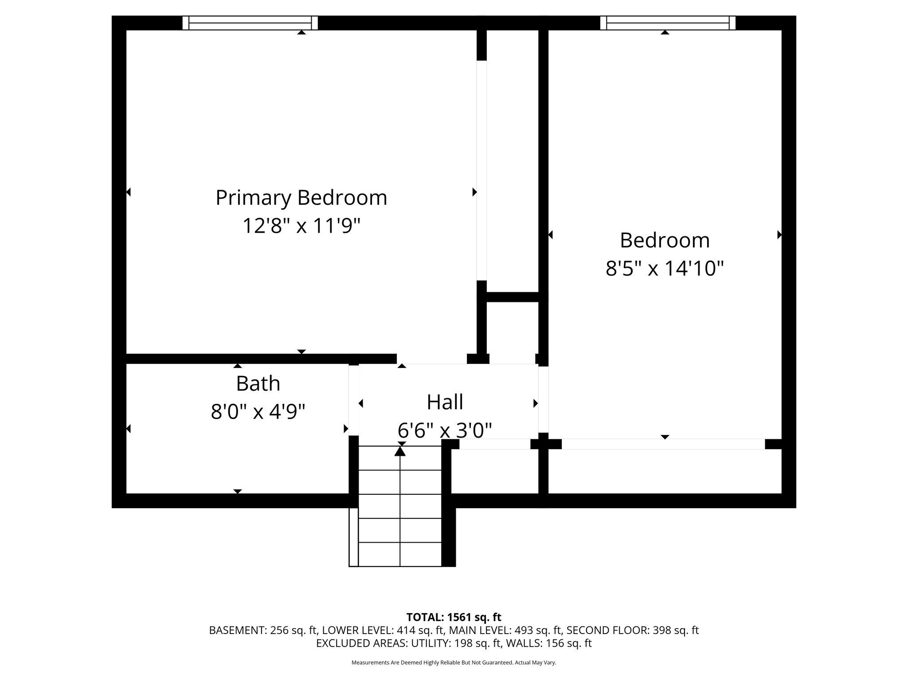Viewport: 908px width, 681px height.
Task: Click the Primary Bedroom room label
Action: pos(301,198)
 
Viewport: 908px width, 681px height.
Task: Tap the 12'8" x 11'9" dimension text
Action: pos(301,226)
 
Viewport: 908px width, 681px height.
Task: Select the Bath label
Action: pos(258,384)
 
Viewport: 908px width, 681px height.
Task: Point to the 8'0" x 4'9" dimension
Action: pos(258,412)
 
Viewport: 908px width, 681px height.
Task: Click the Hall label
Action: pos(445,402)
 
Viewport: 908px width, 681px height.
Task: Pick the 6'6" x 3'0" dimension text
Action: pos(445,430)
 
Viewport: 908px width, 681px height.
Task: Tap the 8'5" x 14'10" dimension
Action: pos(665,268)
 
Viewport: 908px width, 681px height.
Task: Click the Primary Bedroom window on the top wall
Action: pos(250,23)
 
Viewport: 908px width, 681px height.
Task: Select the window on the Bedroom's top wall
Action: pos(668,23)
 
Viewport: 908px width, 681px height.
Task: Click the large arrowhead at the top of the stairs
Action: pos(400,451)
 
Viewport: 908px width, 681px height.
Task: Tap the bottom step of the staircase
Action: pos(400,555)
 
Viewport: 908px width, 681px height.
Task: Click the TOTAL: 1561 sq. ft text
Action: pos(454,617)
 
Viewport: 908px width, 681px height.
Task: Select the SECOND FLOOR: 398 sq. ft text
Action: pos(632,630)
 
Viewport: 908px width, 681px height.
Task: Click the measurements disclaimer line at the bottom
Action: pos(454,663)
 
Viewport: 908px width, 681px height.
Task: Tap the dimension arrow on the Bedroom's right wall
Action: pos(779,235)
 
